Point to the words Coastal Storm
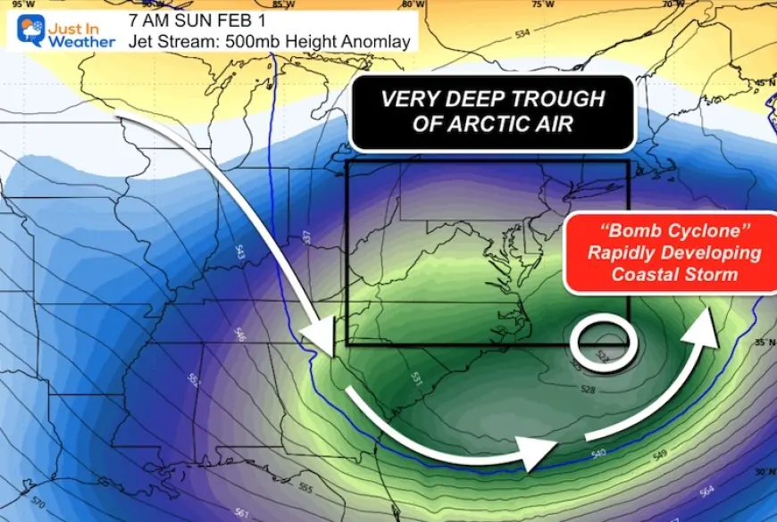(x=674, y=274)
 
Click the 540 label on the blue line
(x=597, y=453)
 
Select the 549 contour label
(x=660, y=455)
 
